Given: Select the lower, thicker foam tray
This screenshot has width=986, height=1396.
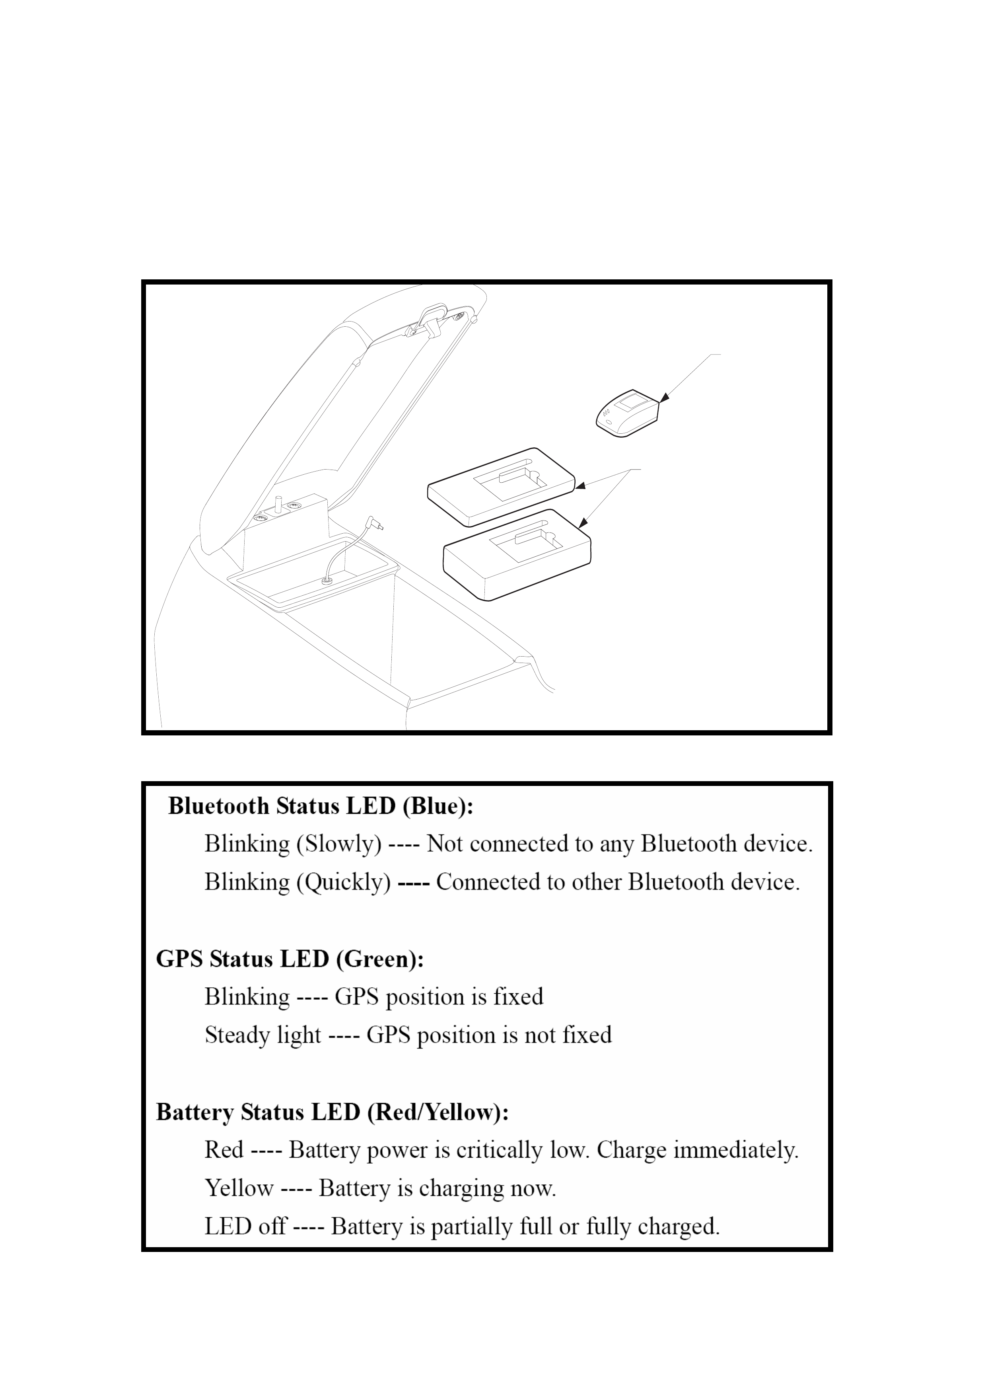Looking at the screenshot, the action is (x=517, y=554).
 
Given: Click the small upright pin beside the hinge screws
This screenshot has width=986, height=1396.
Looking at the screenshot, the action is (x=279, y=504).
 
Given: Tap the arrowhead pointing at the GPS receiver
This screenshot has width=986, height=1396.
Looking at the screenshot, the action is (x=664, y=397).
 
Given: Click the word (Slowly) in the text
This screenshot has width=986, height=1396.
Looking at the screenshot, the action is (x=339, y=844).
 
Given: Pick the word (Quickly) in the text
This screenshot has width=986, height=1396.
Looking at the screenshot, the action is (x=343, y=882).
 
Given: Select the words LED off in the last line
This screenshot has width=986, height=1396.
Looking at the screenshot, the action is (x=245, y=1226).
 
